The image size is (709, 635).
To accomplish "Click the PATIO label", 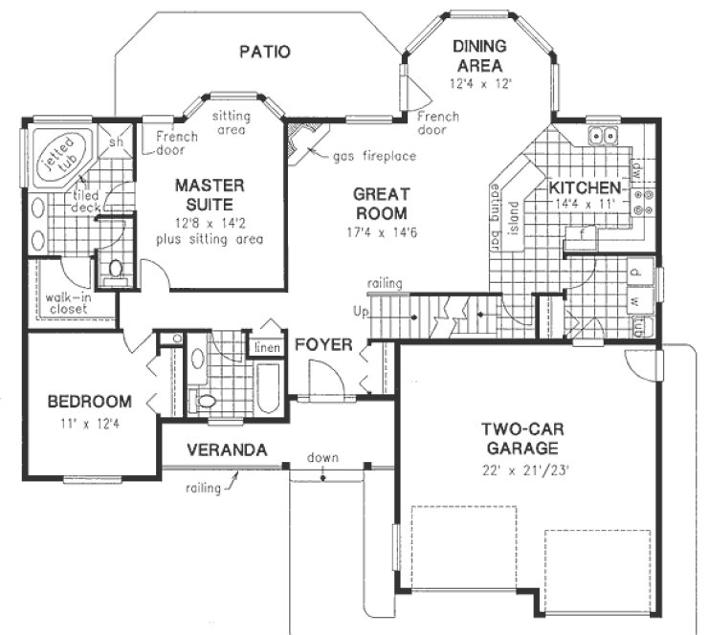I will [x=264, y=52].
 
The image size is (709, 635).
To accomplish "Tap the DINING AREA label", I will [x=481, y=55].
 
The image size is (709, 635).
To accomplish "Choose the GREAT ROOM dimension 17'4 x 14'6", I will [x=382, y=232].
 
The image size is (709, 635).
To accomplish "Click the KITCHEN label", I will [x=585, y=188].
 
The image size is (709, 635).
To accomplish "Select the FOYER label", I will [x=322, y=344].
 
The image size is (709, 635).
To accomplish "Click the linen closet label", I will [x=265, y=348].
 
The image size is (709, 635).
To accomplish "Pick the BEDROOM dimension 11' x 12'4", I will [x=89, y=421].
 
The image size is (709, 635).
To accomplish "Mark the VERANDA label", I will [x=226, y=449].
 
